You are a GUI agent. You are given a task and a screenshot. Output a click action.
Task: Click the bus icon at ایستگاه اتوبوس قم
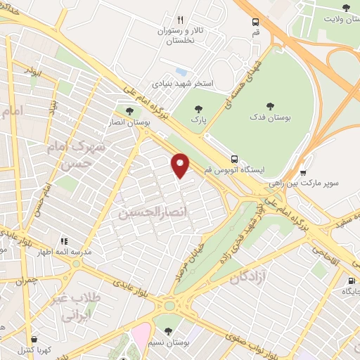pyautogui.click(x=234, y=159)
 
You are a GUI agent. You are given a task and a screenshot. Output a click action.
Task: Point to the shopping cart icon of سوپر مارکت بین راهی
pyautogui.click(x=302, y=172)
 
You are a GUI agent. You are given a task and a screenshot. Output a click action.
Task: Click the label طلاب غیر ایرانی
pyautogui.click(x=76, y=307)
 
